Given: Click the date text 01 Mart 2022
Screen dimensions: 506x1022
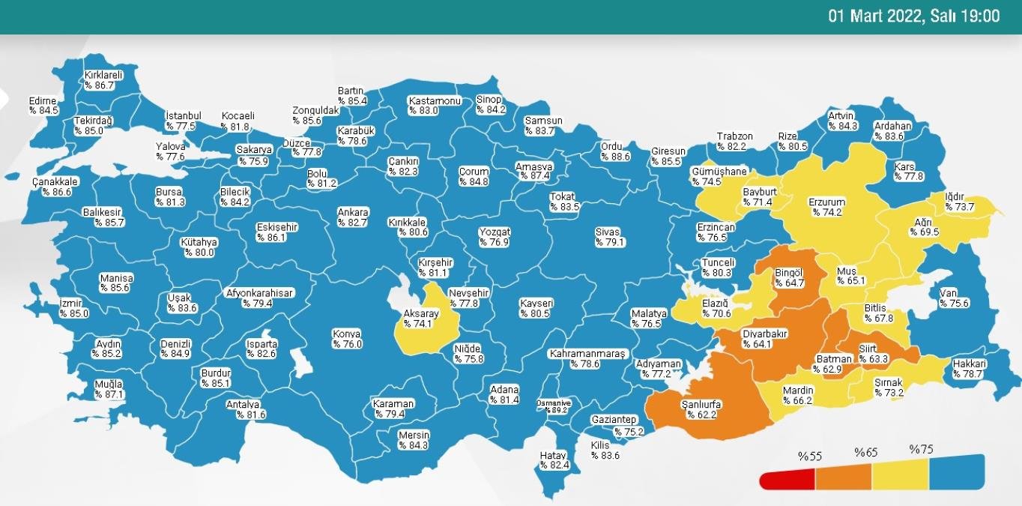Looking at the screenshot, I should (875, 16).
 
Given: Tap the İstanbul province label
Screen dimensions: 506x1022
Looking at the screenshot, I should (184, 121).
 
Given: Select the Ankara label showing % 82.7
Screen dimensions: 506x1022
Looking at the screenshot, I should (352, 217).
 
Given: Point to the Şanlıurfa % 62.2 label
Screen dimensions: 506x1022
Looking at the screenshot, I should (701, 409).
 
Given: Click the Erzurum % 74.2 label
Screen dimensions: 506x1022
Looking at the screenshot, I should (826, 207).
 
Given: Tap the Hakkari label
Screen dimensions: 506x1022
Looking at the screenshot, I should (968, 369).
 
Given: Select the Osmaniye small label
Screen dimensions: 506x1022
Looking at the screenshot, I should (554, 406).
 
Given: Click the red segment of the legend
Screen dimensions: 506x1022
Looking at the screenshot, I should (787, 479).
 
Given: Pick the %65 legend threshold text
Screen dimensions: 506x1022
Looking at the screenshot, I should (866, 454).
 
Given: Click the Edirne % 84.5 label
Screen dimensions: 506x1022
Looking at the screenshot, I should (43, 106).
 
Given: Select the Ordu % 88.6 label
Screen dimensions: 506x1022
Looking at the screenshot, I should (615, 152).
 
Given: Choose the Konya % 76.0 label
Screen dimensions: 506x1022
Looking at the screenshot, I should (348, 338).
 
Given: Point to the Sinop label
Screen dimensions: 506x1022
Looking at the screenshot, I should (492, 105).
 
